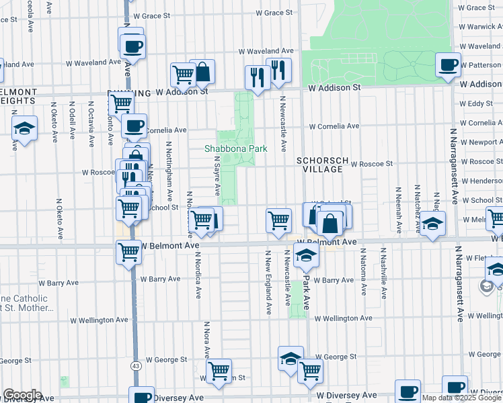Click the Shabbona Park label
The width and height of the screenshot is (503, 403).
[x=236, y=148]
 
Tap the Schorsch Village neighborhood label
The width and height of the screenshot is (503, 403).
[x=323, y=165]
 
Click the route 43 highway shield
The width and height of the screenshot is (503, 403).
[x=136, y=365]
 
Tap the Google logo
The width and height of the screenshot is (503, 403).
[x=22, y=395]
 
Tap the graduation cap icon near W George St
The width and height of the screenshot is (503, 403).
[x=291, y=359]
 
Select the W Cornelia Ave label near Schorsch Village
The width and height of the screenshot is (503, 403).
[x=334, y=126]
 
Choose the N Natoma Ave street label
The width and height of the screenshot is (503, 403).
[x=364, y=271]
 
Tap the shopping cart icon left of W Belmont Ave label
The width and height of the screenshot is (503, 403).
[x=128, y=253]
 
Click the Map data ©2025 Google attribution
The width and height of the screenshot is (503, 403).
[x=462, y=398]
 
